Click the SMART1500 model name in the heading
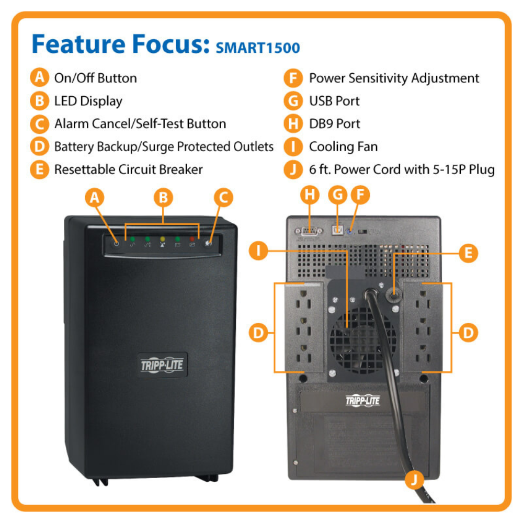pos(257,48)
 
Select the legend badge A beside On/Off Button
pos(39,78)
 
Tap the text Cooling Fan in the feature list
pos(343,146)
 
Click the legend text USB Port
pos(334,101)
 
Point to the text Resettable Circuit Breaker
pos(128,169)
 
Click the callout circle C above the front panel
pos(223,197)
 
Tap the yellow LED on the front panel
pos(162,239)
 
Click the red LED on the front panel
pos(192,239)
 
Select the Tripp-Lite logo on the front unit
pos(162,364)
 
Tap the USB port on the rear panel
pos(338,229)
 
